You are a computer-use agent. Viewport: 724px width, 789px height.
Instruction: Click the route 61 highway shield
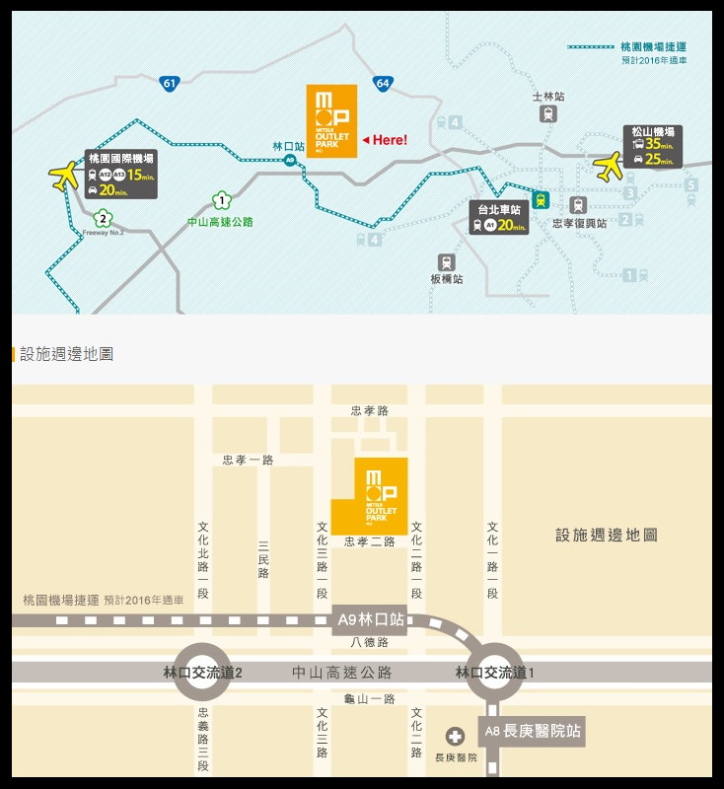point(169,84)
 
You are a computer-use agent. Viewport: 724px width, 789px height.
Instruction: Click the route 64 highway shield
point(383,84)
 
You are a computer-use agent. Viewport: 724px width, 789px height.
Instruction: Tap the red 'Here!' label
point(385,140)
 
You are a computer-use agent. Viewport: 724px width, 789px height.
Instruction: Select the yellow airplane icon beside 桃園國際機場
point(64,176)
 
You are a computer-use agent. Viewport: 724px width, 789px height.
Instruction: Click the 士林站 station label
point(548,97)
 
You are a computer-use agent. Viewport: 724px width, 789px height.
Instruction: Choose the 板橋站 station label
point(447,279)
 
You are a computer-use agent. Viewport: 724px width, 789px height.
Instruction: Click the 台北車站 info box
point(499,218)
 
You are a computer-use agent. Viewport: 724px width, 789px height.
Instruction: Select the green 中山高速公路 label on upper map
point(220,222)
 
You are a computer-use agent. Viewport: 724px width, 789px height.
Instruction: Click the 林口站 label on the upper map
point(289,146)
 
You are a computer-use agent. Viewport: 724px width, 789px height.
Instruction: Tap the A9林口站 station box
point(370,619)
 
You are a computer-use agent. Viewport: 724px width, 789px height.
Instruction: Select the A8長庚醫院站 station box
point(532,732)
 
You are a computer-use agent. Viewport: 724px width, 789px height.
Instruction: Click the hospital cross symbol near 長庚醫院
point(455,736)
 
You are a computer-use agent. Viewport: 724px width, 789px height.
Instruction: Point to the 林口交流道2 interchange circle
point(202,673)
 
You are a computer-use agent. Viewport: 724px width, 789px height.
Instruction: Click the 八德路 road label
point(370,642)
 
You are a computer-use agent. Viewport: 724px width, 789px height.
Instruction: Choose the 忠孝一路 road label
point(248,460)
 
